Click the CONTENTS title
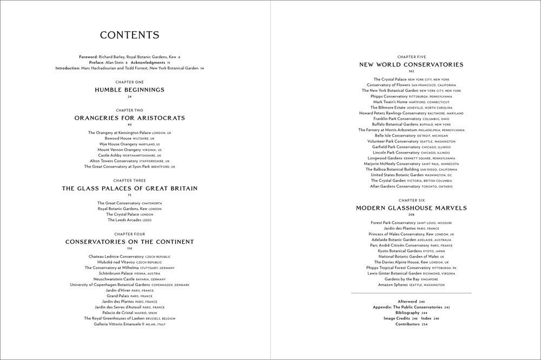[129, 36]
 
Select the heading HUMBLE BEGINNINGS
[129, 90]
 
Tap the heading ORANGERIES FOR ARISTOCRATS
[129, 118]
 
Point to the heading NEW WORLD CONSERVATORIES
[411, 65]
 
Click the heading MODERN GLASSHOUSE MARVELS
[411, 208]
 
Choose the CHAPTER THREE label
[129, 181]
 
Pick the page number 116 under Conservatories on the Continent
[129, 248]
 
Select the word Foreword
[88, 57]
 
